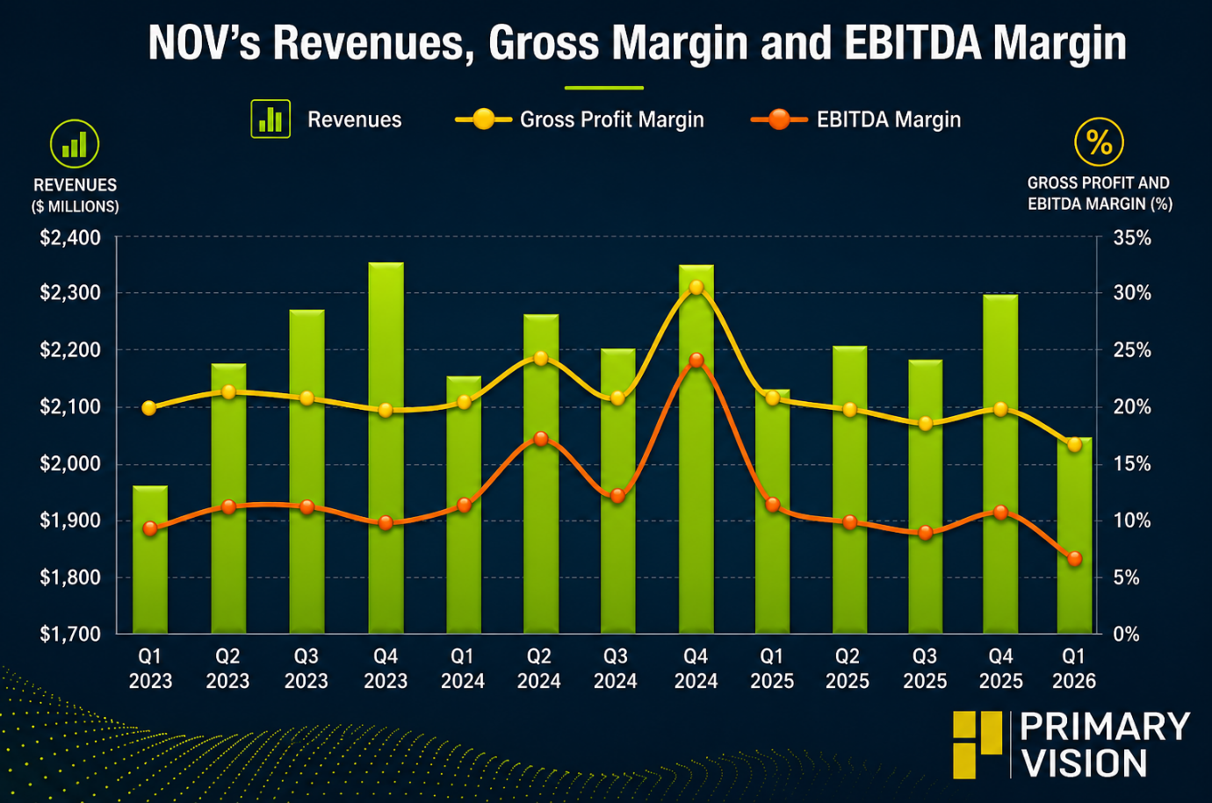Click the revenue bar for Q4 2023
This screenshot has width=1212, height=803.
(x=386, y=448)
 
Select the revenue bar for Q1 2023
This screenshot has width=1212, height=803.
(x=150, y=560)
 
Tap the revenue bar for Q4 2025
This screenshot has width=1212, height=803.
(x=1000, y=464)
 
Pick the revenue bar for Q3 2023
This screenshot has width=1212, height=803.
(x=307, y=471)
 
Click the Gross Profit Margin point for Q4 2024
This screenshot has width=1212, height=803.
(x=696, y=287)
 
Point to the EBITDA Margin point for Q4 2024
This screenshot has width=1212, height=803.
(x=696, y=360)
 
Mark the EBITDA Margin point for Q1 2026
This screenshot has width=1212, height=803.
(x=1075, y=558)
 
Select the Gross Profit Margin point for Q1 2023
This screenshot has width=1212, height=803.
(x=149, y=408)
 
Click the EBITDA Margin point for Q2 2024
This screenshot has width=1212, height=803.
(x=540, y=439)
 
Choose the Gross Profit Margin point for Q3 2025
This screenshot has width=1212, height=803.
(x=926, y=423)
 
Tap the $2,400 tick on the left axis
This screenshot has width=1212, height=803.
(x=70, y=238)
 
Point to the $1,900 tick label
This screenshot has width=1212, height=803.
(x=70, y=520)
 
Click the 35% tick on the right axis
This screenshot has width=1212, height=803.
(x=1132, y=238)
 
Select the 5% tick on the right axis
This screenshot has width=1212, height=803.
(x=1127, y=578)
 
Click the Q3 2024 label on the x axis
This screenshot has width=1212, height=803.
(x=616, y=669)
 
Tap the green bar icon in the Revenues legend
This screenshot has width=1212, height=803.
(x=271, y=119)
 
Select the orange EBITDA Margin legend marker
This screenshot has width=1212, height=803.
(x=779, y=119)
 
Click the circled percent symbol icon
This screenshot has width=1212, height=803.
(x=1099, y=141)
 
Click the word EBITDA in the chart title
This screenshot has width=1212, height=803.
(x=913, y=43)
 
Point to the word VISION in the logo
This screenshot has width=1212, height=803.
(x=1085, y=763)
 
